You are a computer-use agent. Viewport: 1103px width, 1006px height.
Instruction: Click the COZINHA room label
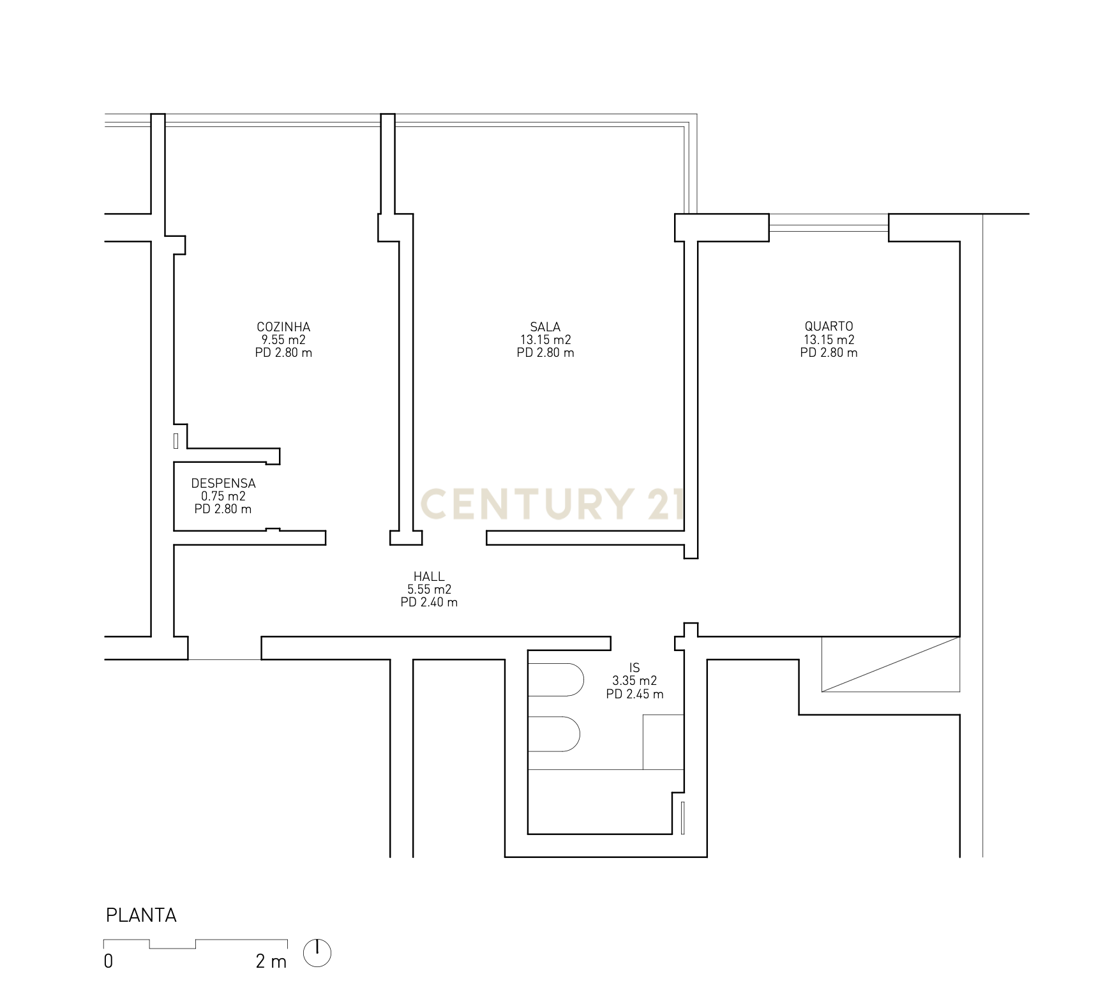point(283,327)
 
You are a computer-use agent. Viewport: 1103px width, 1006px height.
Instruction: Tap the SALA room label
point(545,327)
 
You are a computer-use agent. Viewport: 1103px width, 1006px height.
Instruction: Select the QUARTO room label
point(829,327)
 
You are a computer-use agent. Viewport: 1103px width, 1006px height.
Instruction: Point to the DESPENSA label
point(223,484)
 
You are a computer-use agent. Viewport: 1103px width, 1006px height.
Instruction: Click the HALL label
point(429,577)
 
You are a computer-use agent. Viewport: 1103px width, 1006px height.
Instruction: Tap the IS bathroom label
point(634,669)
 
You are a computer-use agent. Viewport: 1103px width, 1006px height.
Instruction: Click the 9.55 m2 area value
point(283,340)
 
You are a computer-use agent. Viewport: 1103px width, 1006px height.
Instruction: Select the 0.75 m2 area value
point(223,497)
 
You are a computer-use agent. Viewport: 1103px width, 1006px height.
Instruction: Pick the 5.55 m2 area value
point(429,590)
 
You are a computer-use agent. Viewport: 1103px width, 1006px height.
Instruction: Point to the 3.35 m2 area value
point(634,681)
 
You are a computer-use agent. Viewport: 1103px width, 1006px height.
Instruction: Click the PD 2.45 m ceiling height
point(634,694)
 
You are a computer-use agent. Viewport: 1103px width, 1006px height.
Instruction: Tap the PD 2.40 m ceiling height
point(429,603)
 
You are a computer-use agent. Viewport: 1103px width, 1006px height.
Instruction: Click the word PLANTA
point(141,915)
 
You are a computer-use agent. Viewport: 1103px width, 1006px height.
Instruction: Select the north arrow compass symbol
point(317,953)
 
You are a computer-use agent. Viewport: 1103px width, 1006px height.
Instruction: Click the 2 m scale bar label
point(271,961)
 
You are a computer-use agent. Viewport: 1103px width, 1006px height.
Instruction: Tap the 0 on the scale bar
point(109,961)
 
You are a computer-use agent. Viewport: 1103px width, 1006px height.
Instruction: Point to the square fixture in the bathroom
point(663,742)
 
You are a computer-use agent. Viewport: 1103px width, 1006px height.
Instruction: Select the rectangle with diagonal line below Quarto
point(890,664)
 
